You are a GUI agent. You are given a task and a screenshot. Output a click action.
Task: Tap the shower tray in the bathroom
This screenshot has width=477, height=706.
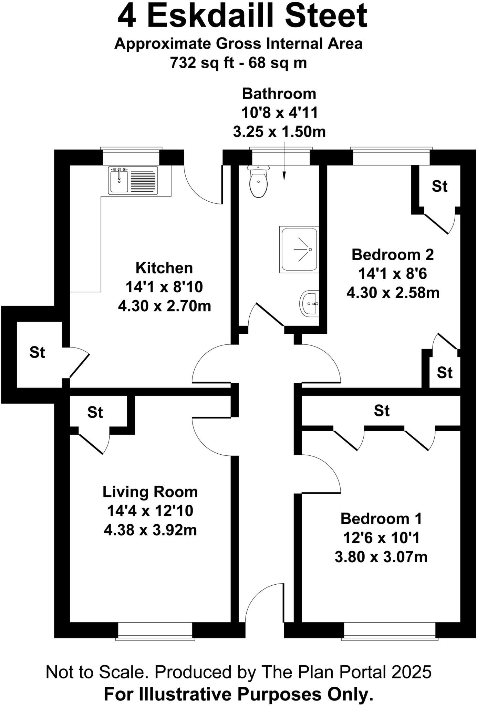coord(299,249)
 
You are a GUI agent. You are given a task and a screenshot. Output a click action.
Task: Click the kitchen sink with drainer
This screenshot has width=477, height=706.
coord(133,180)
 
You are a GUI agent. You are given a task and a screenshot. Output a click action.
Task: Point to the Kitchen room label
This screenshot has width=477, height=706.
coord(164,268)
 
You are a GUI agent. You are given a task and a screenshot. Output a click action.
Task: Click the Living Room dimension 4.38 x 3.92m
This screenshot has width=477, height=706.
coord(150,530)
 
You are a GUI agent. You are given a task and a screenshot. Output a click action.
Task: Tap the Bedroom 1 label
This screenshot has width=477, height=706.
coord(381,518)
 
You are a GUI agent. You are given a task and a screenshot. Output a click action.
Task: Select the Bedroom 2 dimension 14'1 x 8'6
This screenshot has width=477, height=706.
coord(392,274)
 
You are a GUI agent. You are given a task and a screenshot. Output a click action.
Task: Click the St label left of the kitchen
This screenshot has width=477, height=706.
coord(37,352)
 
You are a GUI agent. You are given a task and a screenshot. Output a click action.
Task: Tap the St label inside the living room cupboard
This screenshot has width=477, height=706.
coord(95,412)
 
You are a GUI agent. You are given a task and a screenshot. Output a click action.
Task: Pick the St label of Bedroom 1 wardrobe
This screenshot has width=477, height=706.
coord(382,411)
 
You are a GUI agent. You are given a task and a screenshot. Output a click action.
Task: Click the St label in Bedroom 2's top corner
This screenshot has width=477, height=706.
coord(439,186)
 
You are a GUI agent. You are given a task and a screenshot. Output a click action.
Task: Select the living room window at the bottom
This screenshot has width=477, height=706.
coord(155,632)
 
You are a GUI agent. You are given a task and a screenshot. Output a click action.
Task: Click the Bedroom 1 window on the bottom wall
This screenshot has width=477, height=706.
coord(390,632)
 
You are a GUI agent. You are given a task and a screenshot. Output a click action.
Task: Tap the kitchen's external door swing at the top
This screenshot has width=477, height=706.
coord(201,188)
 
